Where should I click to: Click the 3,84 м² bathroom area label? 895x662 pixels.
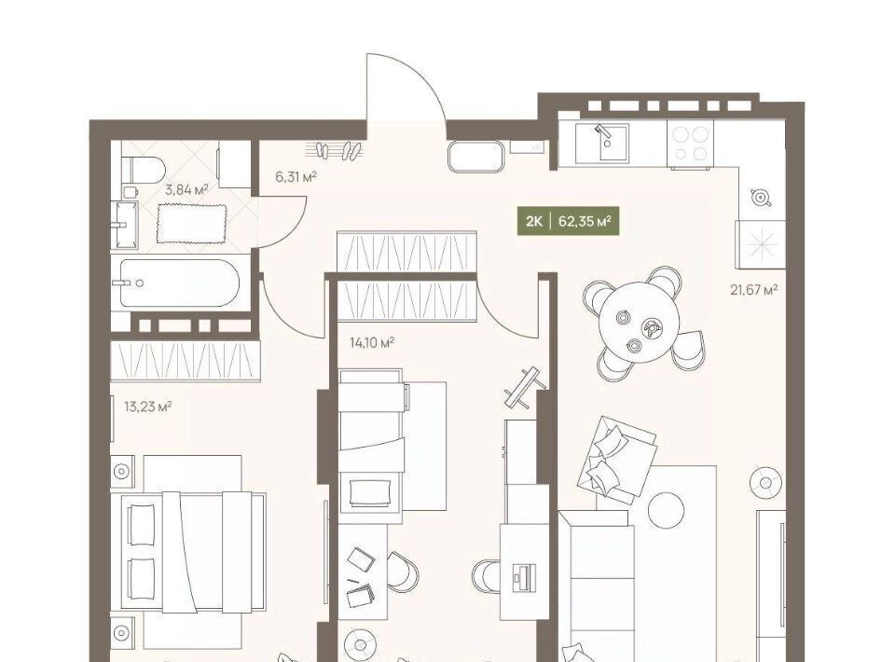click(x=186, y=189)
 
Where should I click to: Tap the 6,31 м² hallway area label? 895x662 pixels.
click(x=296, y=177)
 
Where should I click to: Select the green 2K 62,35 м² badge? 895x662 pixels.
click(x=568, y=221)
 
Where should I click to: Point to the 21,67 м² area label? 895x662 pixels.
click(x=754, y=290)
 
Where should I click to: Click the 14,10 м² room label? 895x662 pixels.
click(x=372, y=343)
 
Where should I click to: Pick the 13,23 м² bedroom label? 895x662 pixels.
click(x=148, y=407)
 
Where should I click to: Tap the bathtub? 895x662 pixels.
click(x=179, y=283)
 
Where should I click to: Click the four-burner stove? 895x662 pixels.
click(x=691, y=144)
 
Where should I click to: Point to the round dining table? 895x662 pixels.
click(x=640, y=322)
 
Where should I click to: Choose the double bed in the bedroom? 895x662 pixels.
click(x=194, y=552)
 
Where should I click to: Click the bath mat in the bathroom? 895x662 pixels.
click(x=191, y=223)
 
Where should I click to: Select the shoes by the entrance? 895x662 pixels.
click(x=338, y=151)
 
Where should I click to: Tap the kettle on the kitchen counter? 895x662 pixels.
click(x=761, y=197)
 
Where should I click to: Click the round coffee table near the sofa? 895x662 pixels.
click(x=666, y=510)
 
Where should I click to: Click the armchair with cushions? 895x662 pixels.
click(x=616, y=460)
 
